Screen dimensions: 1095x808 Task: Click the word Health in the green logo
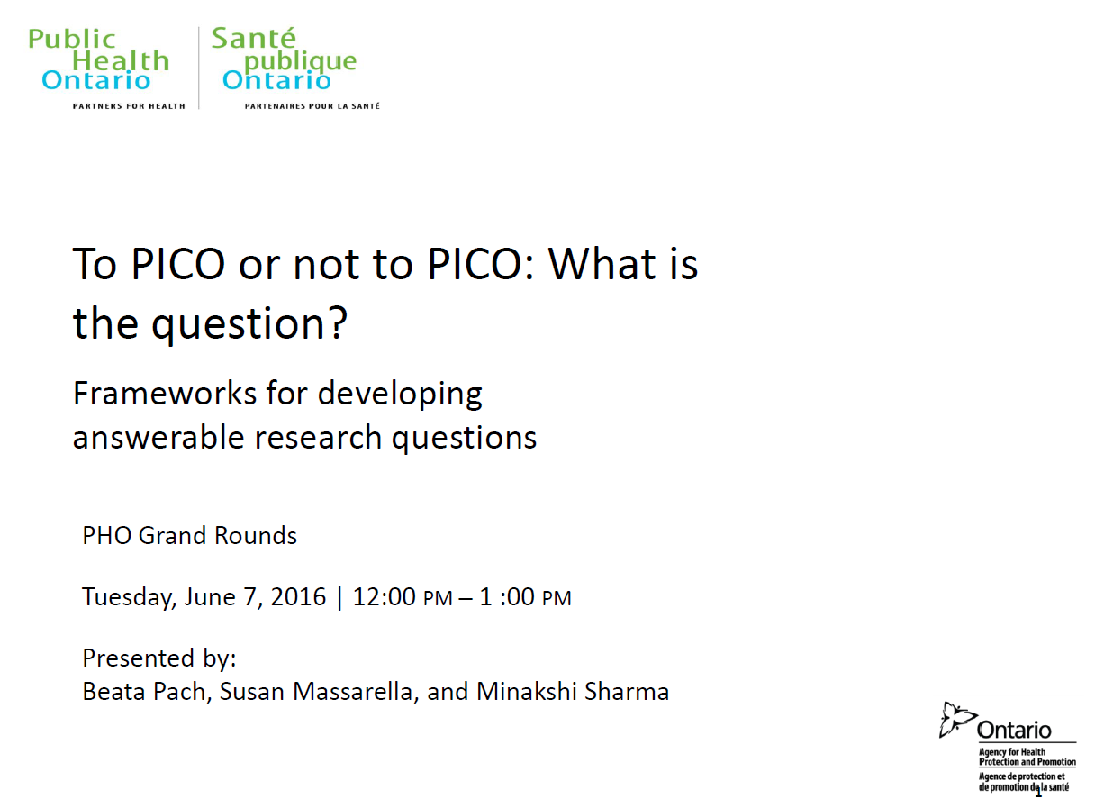(x=121, y=60)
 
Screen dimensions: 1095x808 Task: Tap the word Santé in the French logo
(x=254, y=38)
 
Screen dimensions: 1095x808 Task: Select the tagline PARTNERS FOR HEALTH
(x=129, y=106)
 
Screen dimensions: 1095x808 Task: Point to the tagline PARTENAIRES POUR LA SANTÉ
(x=312, y=106)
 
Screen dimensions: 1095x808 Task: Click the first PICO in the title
(x=178, y=264)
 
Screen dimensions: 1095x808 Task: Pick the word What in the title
(x=602, y=264)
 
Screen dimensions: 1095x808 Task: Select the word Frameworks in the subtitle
(x=165, y=393)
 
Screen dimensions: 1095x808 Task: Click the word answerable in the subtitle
(x=158, y=437)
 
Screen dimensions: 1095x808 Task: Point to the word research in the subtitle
(x=318, y=437)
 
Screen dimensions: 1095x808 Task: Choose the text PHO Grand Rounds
(x=190, y=535)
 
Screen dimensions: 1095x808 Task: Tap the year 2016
(x=298, y=596)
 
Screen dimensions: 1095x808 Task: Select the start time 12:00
(x=385, y=596)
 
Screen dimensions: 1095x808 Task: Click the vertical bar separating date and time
(x=339, y=598)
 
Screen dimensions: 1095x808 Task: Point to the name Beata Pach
(x=147, y=692)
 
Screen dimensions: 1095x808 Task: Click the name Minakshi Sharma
(x=573, y=691)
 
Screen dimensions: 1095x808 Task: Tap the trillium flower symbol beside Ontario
(x=956, y=720)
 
